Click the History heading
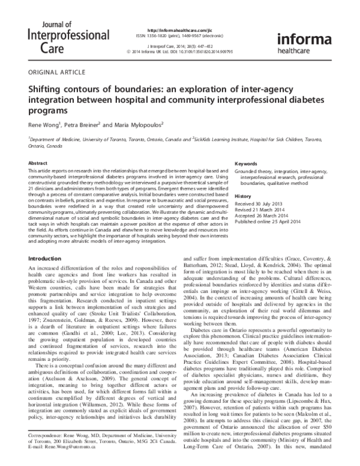243,196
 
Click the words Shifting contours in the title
67,88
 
